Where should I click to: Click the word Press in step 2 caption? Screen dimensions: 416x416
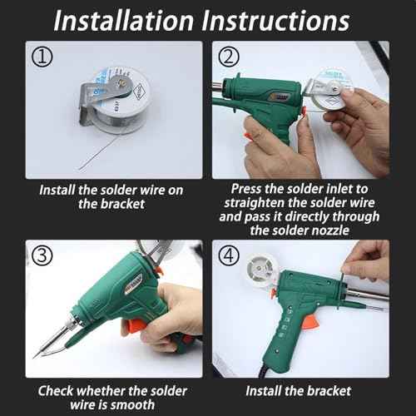(248, 189)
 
